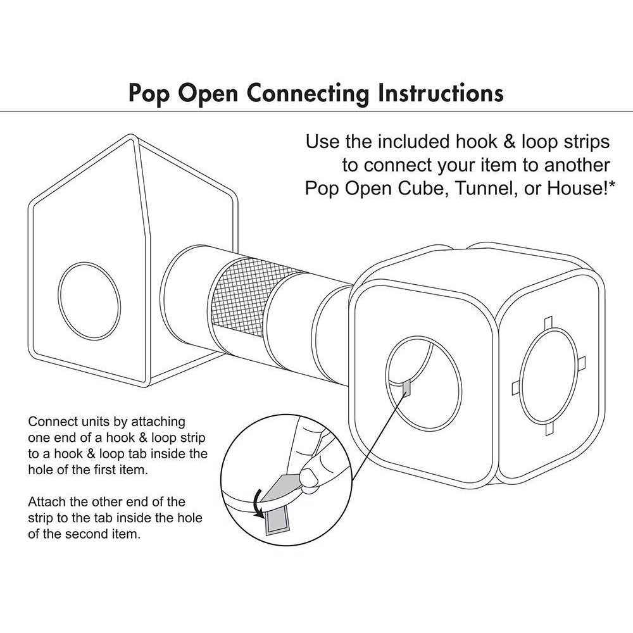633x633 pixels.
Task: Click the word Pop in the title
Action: click(x=148, y=94)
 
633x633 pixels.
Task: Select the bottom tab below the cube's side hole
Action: click(x=548, y=429)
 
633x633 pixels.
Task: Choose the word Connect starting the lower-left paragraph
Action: click(x=52, y=422)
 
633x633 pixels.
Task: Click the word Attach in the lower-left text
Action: click(x=47, y=502)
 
